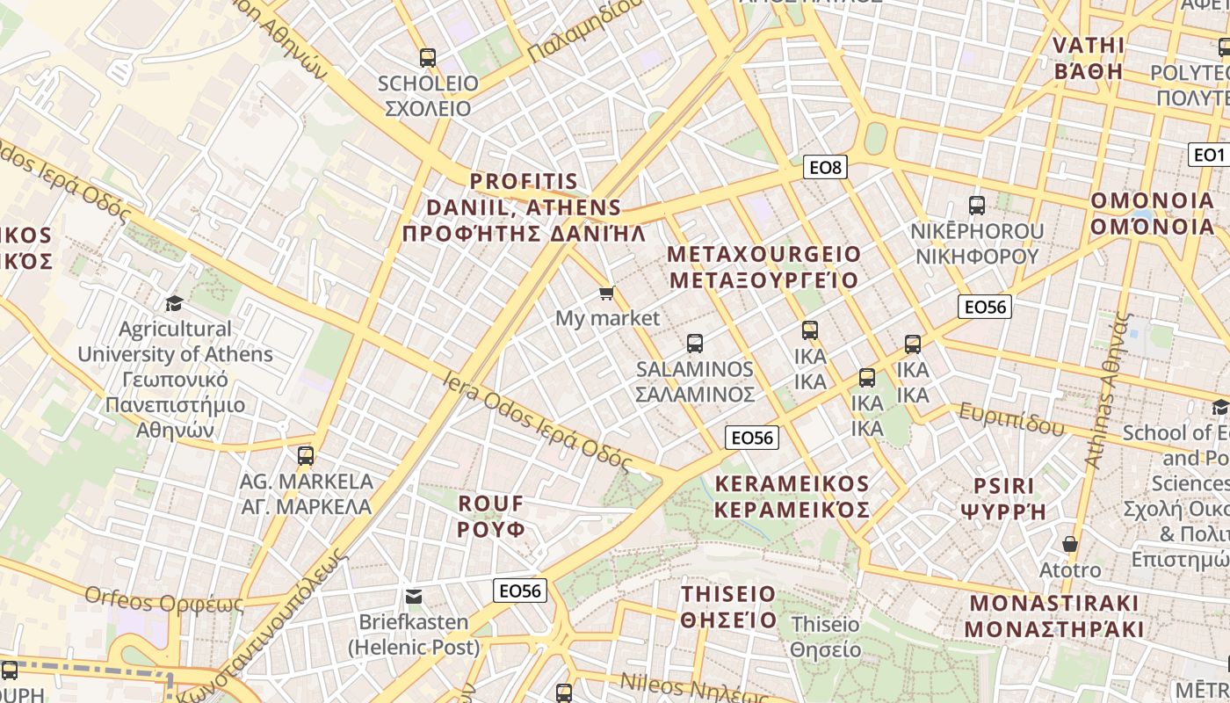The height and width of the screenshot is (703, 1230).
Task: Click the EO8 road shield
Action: (825, 166)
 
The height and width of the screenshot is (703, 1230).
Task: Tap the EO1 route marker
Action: (1209, 155)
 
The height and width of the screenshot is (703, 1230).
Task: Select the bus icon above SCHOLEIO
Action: (428, 58)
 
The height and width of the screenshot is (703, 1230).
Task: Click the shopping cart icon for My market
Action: (606, 293)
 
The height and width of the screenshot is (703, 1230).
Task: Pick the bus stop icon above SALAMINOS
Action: (695, 343)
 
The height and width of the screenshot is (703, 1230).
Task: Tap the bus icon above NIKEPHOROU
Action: (976, 206)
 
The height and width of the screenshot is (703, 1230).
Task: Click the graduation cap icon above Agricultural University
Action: (175, 303)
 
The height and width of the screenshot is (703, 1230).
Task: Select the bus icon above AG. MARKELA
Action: (306, 456)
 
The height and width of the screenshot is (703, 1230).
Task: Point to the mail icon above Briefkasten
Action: (414, 597)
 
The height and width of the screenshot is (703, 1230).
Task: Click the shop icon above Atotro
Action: (1069, 544)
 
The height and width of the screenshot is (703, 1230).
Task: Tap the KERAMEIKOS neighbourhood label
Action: (792, 496)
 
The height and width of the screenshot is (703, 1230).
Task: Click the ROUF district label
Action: (491, 516)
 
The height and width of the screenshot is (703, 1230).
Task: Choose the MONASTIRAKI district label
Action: (1054, 616)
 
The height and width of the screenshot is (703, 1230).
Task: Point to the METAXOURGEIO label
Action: (764, 267)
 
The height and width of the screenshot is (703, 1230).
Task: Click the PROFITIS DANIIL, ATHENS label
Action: (524, 207)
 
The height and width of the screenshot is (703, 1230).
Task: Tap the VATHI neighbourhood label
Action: (1089, 58)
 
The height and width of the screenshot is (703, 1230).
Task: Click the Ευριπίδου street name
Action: (1011, 419)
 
